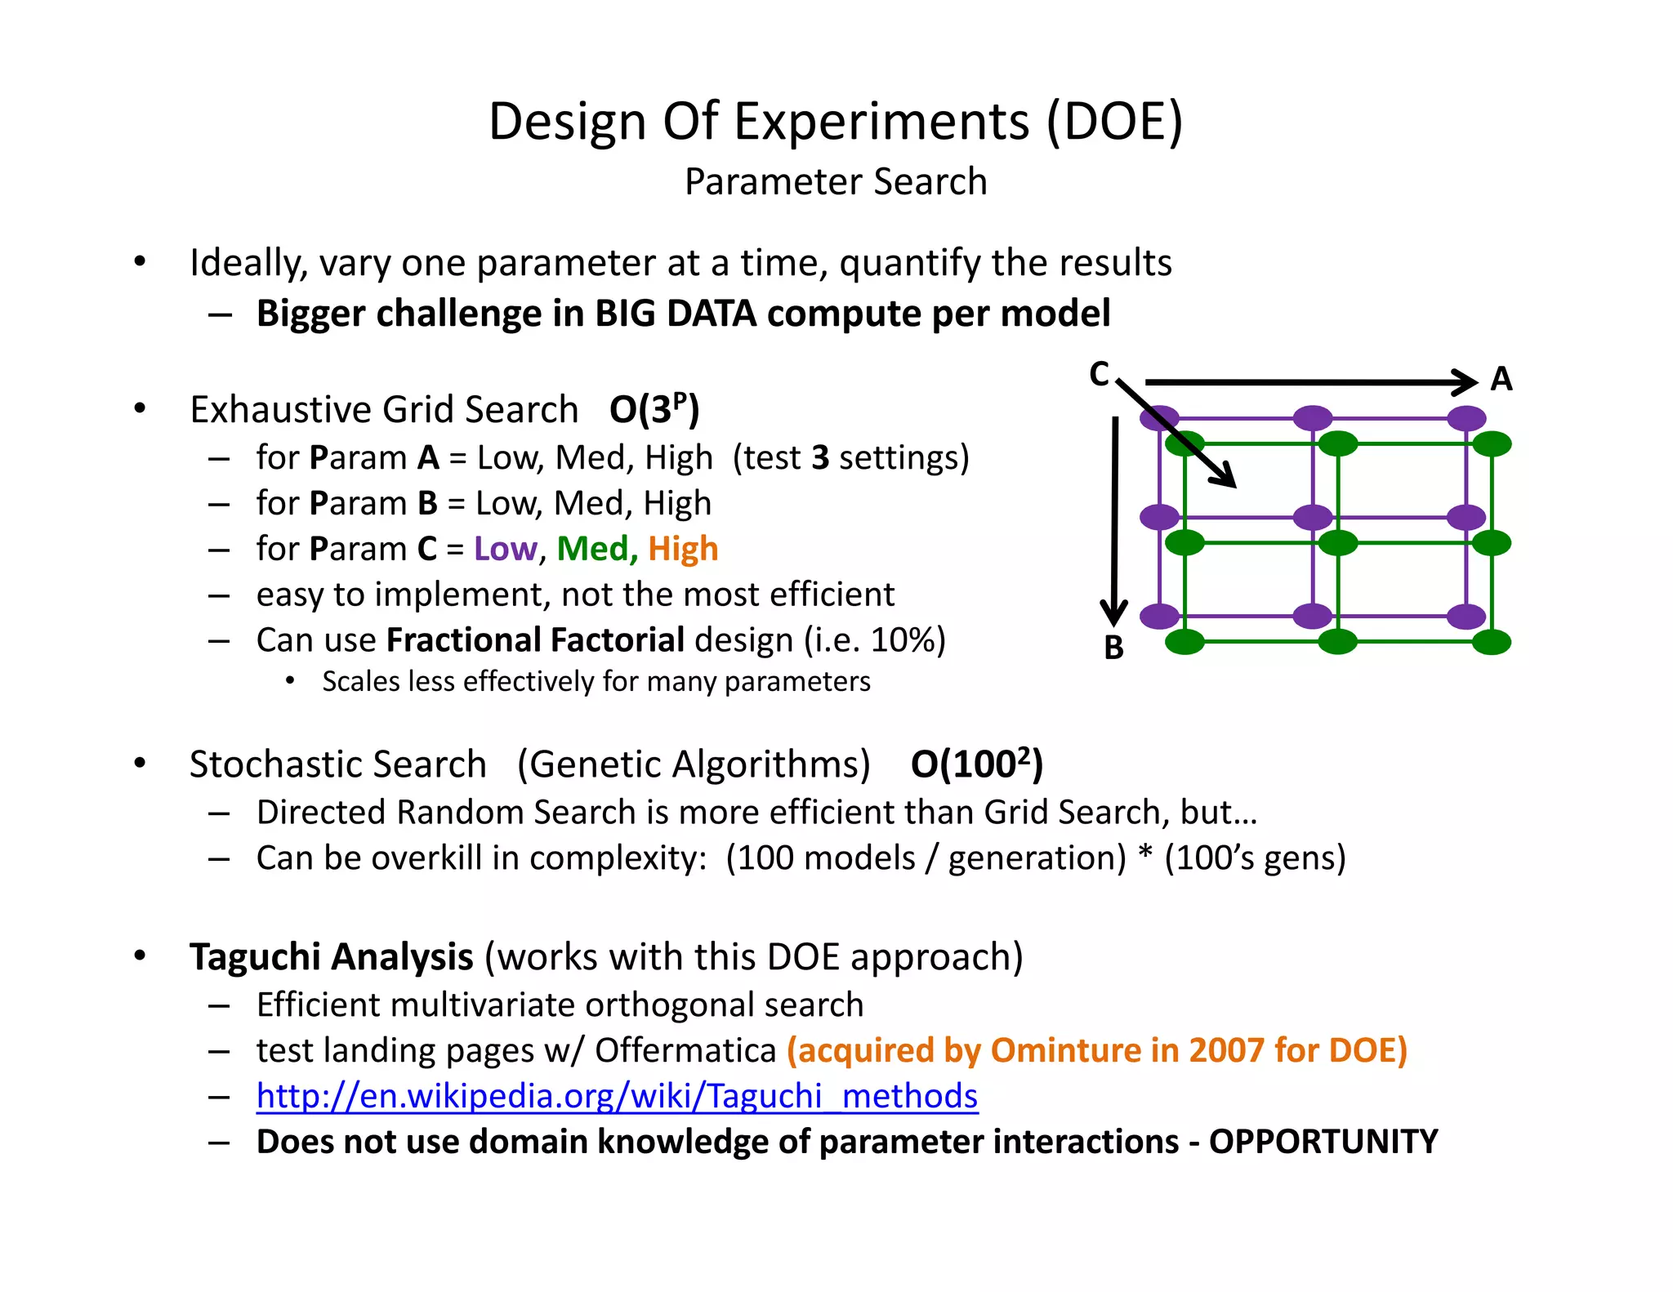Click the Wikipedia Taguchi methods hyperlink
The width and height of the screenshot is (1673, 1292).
pos(617,1096)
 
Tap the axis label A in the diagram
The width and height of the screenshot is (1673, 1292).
pos(1501,380)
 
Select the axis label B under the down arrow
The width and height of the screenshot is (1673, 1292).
pos(1113,648)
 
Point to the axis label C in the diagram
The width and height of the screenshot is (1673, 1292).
pos(1099,374)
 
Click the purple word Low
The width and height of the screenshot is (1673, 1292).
pos(505,549)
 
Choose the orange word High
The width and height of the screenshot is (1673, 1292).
pos(683,549)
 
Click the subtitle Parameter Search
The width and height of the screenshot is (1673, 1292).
pos(836,181)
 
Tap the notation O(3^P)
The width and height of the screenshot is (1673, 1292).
pos(654,409)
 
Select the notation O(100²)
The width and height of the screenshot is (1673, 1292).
pos(976,764)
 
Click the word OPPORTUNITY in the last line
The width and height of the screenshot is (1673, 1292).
pos(1323,1142)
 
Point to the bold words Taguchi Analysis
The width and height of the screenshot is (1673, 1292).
pos(331,956)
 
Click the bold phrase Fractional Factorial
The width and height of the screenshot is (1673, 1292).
pos(535,640)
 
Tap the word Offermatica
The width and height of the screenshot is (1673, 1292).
pos(685,1050)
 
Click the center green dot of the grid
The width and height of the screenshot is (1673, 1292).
pos(1337,542)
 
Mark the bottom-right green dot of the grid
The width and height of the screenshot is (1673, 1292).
pos(1492,642)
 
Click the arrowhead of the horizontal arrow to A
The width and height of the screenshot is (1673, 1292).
pos(1466,381)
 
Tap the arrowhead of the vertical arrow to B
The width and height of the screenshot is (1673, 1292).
pos(1113,613)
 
